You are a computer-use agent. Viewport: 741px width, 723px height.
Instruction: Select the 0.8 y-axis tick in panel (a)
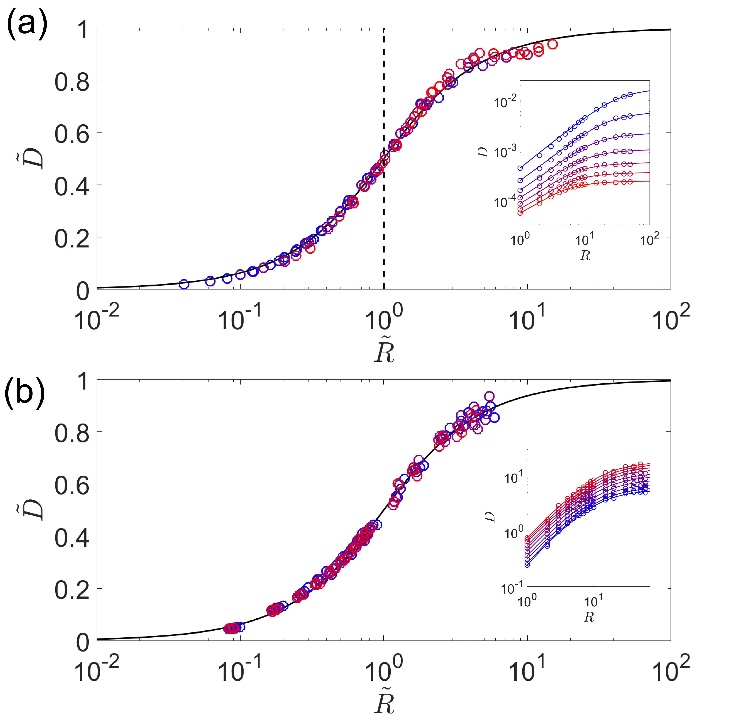72,82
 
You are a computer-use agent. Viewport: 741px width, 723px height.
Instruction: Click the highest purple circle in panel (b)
489,396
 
